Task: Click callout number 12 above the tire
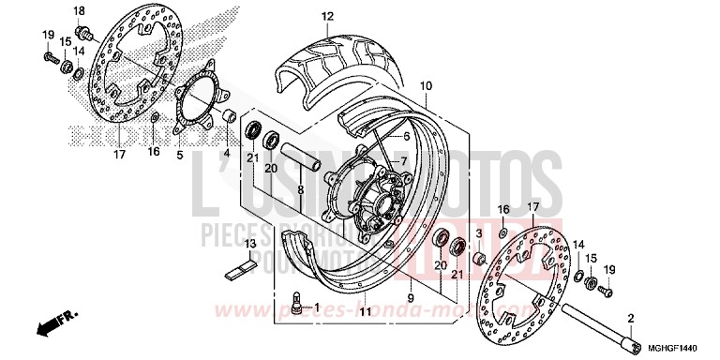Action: tap(301, 17)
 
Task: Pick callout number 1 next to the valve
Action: tap(316, 307)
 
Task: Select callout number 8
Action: tap(301, 190)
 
